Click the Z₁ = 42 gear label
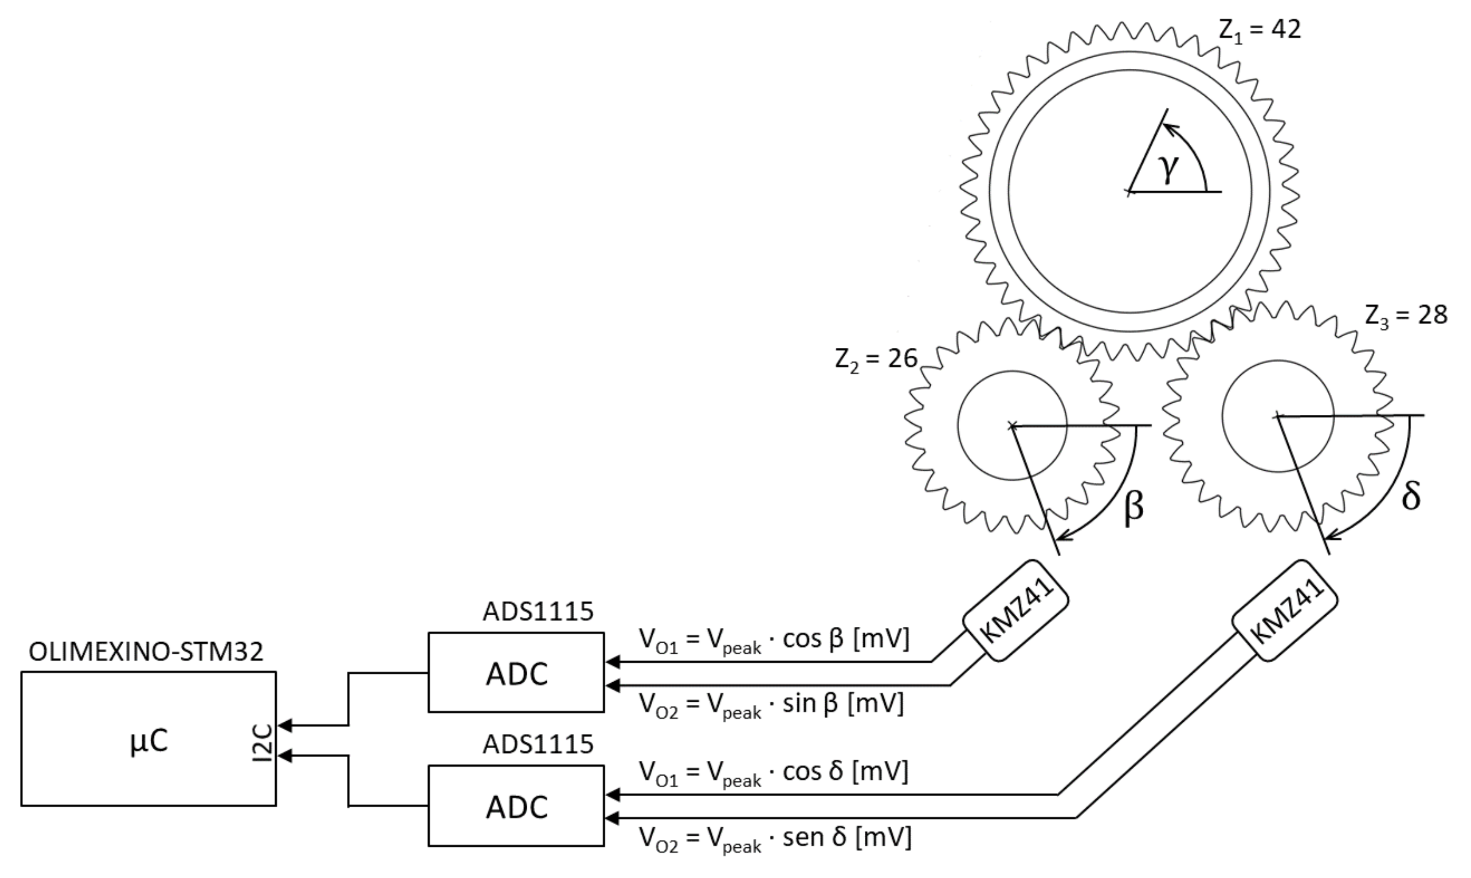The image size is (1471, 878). point(1260,30)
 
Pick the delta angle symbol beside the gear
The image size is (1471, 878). point(1411,496)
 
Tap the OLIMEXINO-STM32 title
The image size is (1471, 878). point(146,652)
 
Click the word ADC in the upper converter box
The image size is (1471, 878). point(517,674)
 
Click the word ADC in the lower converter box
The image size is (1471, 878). point(517,807)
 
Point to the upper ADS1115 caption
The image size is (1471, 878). point(537,612)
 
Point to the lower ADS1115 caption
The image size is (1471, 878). point(537,744)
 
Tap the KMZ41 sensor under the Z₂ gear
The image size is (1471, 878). point(1015,610)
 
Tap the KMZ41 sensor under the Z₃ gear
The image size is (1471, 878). point(1285,610)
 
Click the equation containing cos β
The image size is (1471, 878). point(774,640)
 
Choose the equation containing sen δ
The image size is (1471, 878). point(775,838)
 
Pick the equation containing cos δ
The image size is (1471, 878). point(774,773)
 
